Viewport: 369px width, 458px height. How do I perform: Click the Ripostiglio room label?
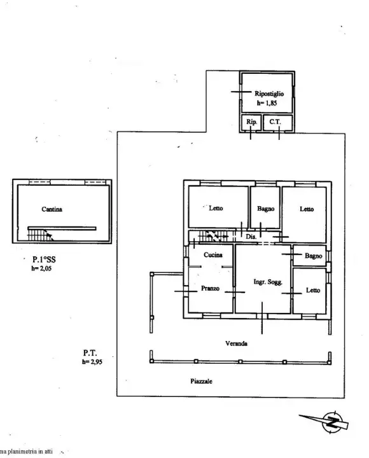point(270,93)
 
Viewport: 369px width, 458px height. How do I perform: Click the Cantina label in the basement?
point(52,208)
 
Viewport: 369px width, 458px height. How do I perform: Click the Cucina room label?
point(212,255)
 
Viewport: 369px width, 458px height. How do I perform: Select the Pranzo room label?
point(210,288)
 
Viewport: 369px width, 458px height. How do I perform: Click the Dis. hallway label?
point(251,237)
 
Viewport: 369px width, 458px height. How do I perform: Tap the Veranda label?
point(235,343)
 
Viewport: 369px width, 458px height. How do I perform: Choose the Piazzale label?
point(201,381)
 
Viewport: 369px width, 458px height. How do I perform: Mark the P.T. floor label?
point(90,352)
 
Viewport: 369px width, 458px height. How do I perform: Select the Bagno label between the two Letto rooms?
point(265,209)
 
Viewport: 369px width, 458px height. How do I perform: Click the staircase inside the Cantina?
point(41,235)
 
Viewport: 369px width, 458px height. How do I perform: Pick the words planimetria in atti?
point(27,452)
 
